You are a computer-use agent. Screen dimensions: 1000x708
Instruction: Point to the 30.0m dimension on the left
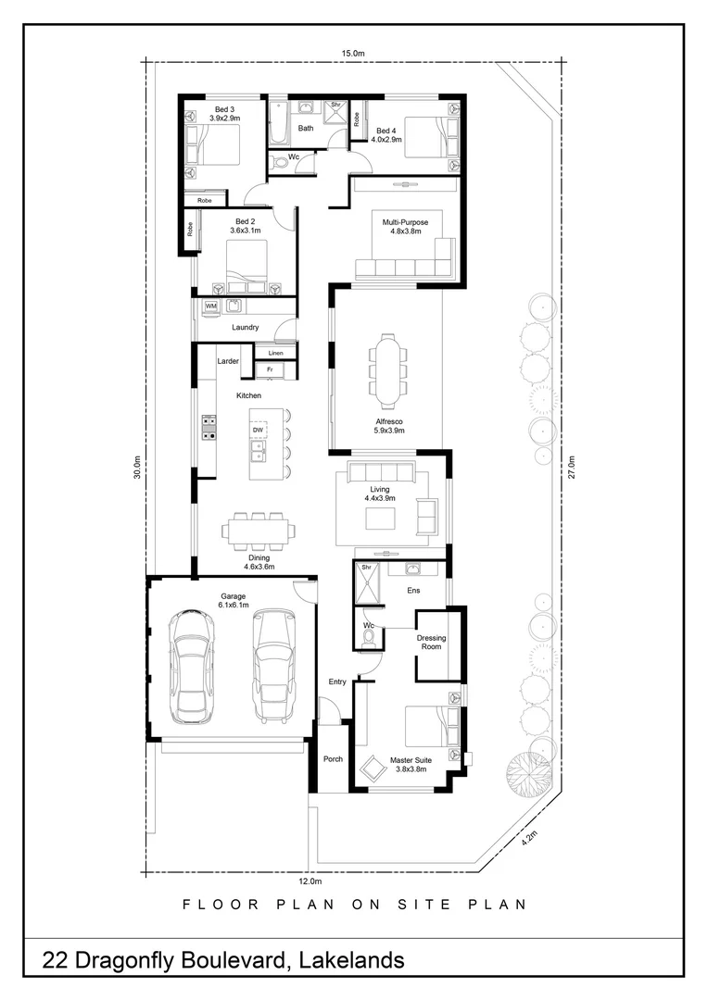coord(136,468)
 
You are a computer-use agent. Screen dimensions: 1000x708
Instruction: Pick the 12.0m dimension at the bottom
coord(310,882)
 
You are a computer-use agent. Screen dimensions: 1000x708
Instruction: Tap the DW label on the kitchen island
coord(258,431)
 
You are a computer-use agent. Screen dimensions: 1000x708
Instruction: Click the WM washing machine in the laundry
coord(210,306)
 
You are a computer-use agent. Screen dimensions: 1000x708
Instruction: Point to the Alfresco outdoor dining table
coord(386,370)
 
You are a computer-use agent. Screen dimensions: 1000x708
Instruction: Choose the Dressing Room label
coord(431,642)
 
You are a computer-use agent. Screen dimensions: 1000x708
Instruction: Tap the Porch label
coord(333,759)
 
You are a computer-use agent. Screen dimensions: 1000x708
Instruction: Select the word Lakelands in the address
coord(350,960)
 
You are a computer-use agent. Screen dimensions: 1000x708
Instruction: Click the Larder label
coord(228,361)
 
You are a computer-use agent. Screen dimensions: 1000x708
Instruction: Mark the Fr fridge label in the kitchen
coord(270,369)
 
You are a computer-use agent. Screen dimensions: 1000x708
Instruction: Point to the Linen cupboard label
coord(275,354)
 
